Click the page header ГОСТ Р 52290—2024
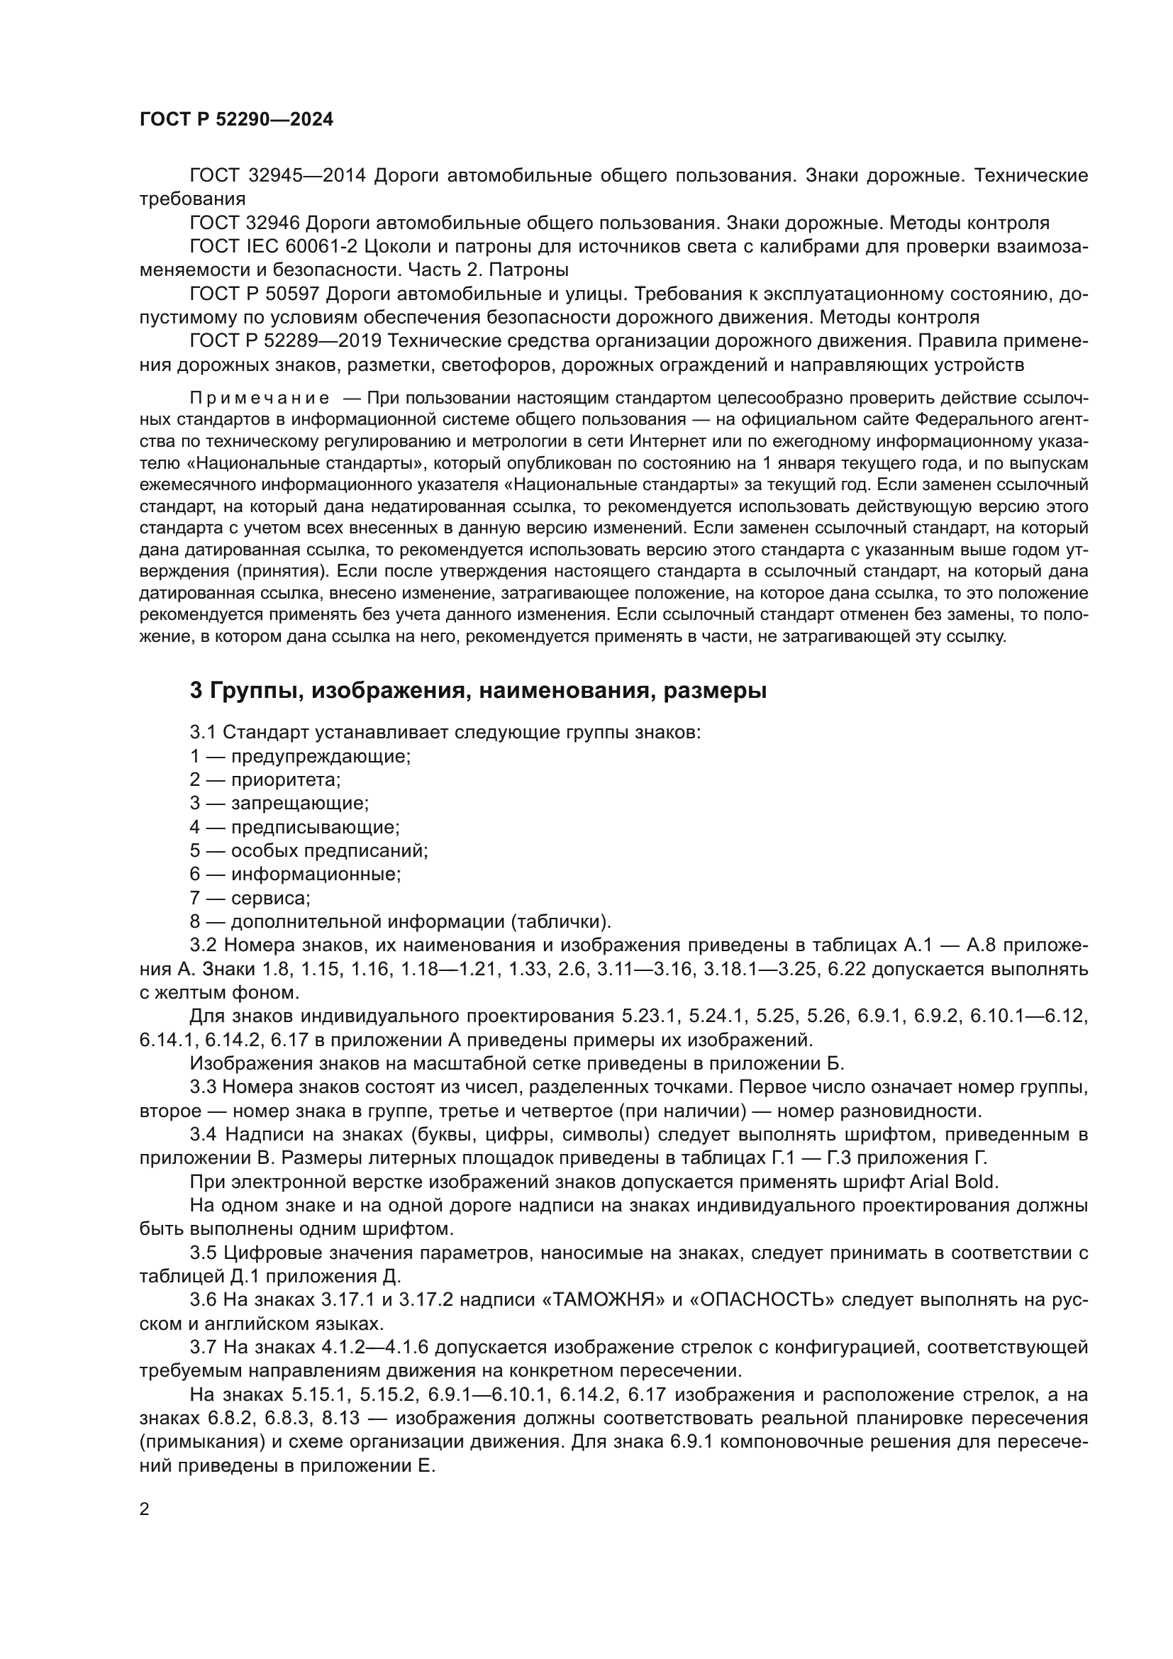click(x=236, y=120)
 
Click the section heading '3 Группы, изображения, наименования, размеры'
click(x=477, y=691)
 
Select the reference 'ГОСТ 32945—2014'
click(x=278, y=176)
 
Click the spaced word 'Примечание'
click(x=260, y=398)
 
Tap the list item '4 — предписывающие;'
click(x=294, y=827)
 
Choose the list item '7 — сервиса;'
click(x=250, y=898)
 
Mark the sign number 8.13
click(x=338, y=1418)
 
